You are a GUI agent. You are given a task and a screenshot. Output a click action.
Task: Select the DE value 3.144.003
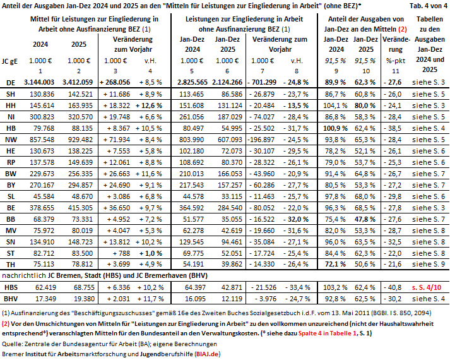click(44, 82)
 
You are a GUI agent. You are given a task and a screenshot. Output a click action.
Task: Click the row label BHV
click(11, 297)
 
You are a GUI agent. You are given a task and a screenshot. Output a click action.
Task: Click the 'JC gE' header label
click(11, 61)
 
